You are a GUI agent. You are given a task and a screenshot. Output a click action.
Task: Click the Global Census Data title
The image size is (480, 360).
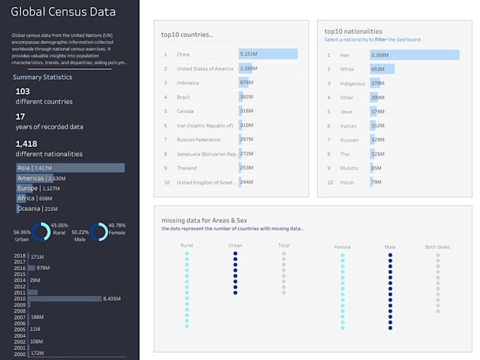tap(63, 12)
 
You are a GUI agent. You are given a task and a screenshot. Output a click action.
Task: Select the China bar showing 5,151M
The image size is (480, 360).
tap(268, 54)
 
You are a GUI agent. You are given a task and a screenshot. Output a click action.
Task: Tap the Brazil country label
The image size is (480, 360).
tap(184, 97)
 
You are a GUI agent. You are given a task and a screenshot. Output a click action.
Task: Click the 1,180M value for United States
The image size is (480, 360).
tap(246, 68)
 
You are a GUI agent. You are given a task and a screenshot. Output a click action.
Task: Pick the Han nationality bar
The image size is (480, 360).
tap(414, 54)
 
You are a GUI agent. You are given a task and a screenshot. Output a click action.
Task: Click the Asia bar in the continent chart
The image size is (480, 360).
tap(70, 168)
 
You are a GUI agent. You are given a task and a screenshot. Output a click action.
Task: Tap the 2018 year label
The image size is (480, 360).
tap(20, 256)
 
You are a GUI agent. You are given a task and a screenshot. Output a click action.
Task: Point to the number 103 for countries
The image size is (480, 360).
tap(23, 91)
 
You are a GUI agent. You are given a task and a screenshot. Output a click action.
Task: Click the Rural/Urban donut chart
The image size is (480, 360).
tap(42, 232)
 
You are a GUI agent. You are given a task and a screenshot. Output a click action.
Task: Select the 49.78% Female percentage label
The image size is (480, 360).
tap(116, 225)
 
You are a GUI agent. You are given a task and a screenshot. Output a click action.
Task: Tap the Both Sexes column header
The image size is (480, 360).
tap(438, 247)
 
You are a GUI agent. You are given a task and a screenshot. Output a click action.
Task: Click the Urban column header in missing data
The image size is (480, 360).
tap(235, 246)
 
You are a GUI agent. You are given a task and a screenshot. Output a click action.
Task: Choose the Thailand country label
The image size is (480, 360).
tap(188, 168)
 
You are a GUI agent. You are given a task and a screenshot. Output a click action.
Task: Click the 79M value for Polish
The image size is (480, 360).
tap(377, 182)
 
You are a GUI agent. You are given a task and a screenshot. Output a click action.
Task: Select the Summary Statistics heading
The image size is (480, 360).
tap(42, 77)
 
